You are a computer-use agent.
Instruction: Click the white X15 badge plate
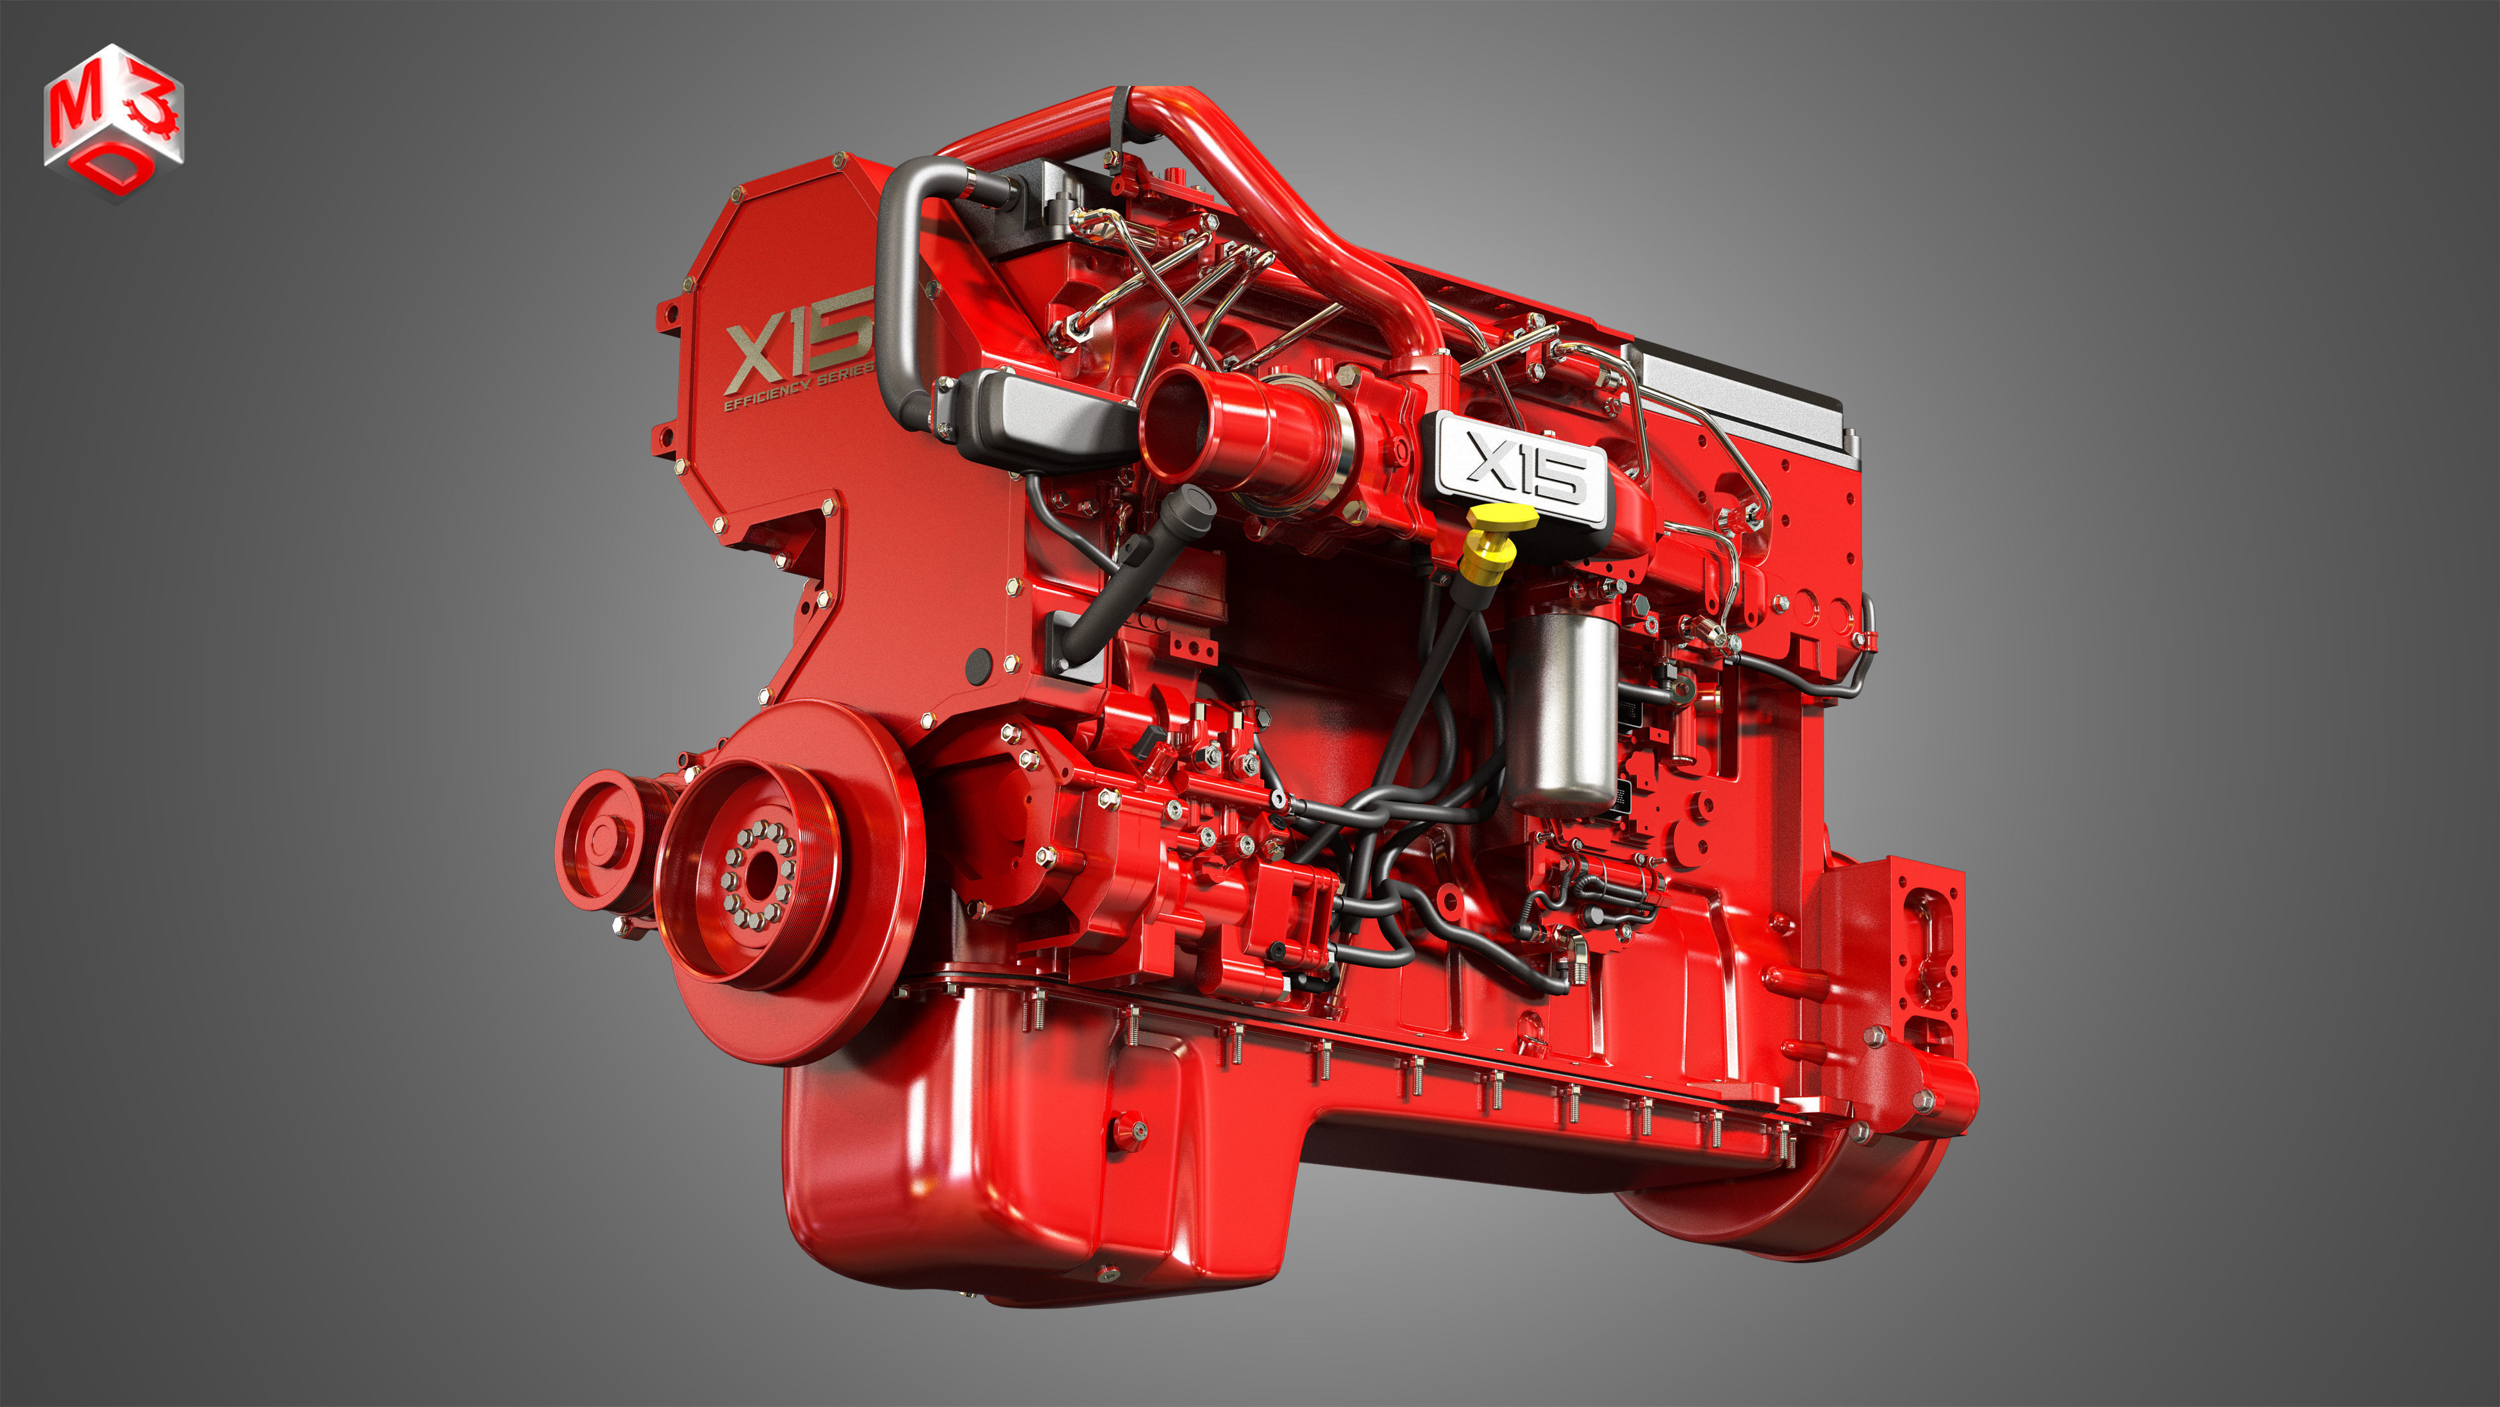[x=1521, y=467]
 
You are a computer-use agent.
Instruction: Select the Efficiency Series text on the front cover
[x=797, y=388]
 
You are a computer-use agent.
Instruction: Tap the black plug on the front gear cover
[x=978, y=664]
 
